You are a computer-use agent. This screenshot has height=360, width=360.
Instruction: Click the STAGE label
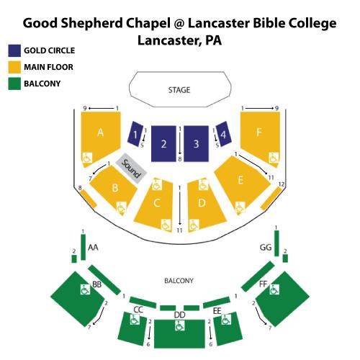pos(179,90)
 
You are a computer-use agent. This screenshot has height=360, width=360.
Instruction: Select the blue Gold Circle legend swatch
pos(14,50)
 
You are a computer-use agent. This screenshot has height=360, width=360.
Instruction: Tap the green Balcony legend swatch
pos(14,84)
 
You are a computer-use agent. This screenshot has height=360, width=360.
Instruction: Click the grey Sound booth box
pos(131,168)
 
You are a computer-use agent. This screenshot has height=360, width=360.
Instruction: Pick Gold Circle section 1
pos(135,134)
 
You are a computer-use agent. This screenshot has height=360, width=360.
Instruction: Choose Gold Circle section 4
pos(223,134)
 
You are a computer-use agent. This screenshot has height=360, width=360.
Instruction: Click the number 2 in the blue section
pos(163,144)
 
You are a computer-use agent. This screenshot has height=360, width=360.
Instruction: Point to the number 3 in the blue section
pos(196,144)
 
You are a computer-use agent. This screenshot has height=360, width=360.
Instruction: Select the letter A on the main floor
pos(101,132)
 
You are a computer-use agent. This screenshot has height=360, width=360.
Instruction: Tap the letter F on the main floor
pos(259,132)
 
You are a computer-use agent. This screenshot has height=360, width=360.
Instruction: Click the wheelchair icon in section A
pos(87,158)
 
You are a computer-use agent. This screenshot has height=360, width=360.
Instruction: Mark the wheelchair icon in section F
pos(274,158)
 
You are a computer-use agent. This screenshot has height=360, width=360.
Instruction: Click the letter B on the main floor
pos(115,188)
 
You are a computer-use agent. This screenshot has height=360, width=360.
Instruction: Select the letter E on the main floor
pos(240,180)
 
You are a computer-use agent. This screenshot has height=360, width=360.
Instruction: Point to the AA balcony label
pos(93,247)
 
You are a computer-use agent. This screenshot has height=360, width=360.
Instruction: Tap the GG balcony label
pos(266,247)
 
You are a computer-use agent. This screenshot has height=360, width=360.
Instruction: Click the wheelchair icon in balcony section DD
pos(179,325)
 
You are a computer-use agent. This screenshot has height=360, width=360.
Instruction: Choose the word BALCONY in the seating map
pos(179,281)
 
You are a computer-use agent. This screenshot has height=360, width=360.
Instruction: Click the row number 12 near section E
pos(282,184)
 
